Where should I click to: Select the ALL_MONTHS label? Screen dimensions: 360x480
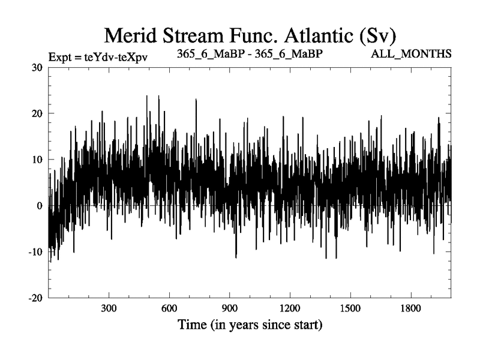(x=412, y=54)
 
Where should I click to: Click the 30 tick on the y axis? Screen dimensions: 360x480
(x=35, y=67)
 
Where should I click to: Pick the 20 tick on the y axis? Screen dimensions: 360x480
(x=35, y=113)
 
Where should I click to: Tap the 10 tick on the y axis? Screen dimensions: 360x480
(x=35, y=160)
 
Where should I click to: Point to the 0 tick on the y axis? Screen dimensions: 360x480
(x=39, y=206)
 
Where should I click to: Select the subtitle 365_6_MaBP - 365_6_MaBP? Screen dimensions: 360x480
(x=250, y=53)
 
